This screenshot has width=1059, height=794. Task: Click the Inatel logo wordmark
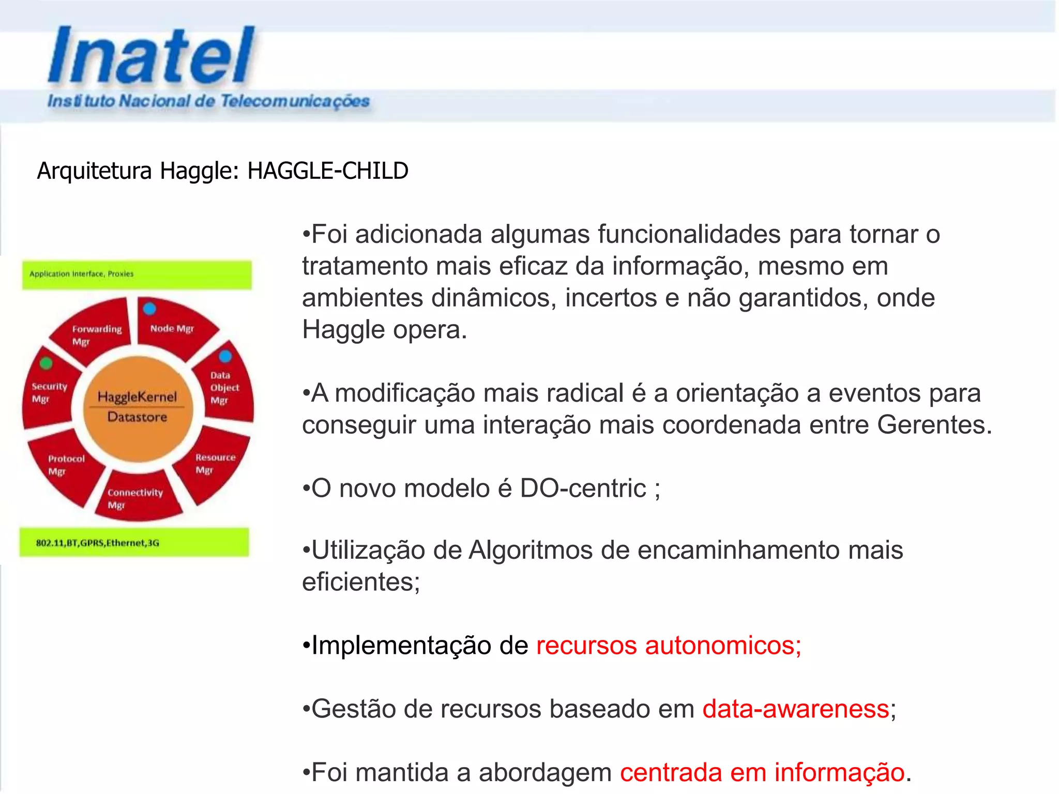(x=151, y=56)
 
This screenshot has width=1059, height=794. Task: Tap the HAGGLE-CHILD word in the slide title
(x=328, y=171)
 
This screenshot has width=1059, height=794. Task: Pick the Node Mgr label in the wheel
(x=172, y=329)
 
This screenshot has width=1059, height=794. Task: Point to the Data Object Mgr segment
(x=224, y=387)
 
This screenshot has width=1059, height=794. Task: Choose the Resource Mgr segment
(x=215, y=463)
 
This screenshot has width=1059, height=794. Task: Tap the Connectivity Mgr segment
(x=135, y=498)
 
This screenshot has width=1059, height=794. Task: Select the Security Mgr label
(x=49, y=392)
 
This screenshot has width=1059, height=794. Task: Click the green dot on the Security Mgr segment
(x=46, y=363)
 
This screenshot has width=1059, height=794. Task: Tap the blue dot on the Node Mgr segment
(x=149, y=309)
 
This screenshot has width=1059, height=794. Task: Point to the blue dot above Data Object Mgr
(x=225, y=356)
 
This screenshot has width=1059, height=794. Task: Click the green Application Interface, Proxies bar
(x=137, y=274)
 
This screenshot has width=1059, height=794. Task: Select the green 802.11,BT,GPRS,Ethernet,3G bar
(x=134, y=542)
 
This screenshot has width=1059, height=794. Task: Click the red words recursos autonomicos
(x=668, y=645)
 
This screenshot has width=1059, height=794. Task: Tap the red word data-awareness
(x=795, y=709)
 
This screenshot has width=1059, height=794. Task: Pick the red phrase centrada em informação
(x=762, y=772)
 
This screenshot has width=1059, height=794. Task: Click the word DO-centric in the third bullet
(x=583, y=488)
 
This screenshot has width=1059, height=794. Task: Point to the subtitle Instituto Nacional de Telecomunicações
(x=208, y=101)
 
